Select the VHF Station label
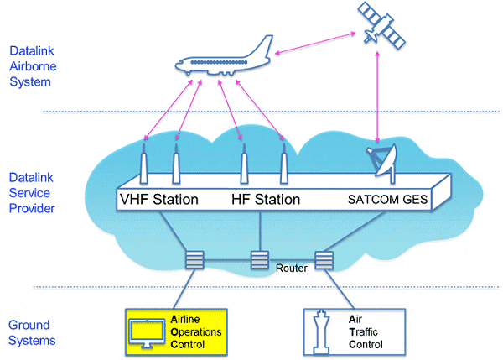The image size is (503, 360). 161,200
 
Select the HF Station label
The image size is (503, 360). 265,200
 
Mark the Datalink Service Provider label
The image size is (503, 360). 31,191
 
